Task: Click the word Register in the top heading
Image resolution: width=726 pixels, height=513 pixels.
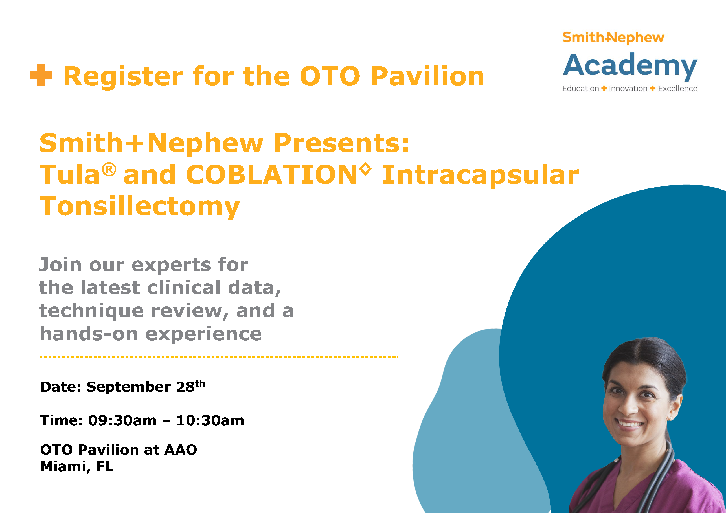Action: pos(123,77)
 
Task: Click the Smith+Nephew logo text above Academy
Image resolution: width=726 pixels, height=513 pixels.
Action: pos(613,38)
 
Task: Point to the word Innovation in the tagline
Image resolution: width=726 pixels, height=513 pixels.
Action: pos(628,89)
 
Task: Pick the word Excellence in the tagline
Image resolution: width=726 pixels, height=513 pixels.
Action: pos(678,89)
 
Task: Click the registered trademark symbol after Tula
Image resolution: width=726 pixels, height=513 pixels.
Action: pos(109,170)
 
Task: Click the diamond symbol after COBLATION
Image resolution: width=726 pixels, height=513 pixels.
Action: pos(365,168)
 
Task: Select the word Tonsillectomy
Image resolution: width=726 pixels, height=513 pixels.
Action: pos(139,207)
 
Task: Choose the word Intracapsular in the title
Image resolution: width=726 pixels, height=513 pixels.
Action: pos(480,176)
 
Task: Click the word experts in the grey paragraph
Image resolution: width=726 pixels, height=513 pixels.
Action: pos(171,265)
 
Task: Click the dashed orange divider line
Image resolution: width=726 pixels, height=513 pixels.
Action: pos(218,357)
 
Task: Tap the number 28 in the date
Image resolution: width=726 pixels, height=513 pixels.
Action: pos(185,387)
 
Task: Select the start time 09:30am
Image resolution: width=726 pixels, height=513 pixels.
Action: pos(122,420)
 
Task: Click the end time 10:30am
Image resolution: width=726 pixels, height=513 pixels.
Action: pos(210,420)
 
